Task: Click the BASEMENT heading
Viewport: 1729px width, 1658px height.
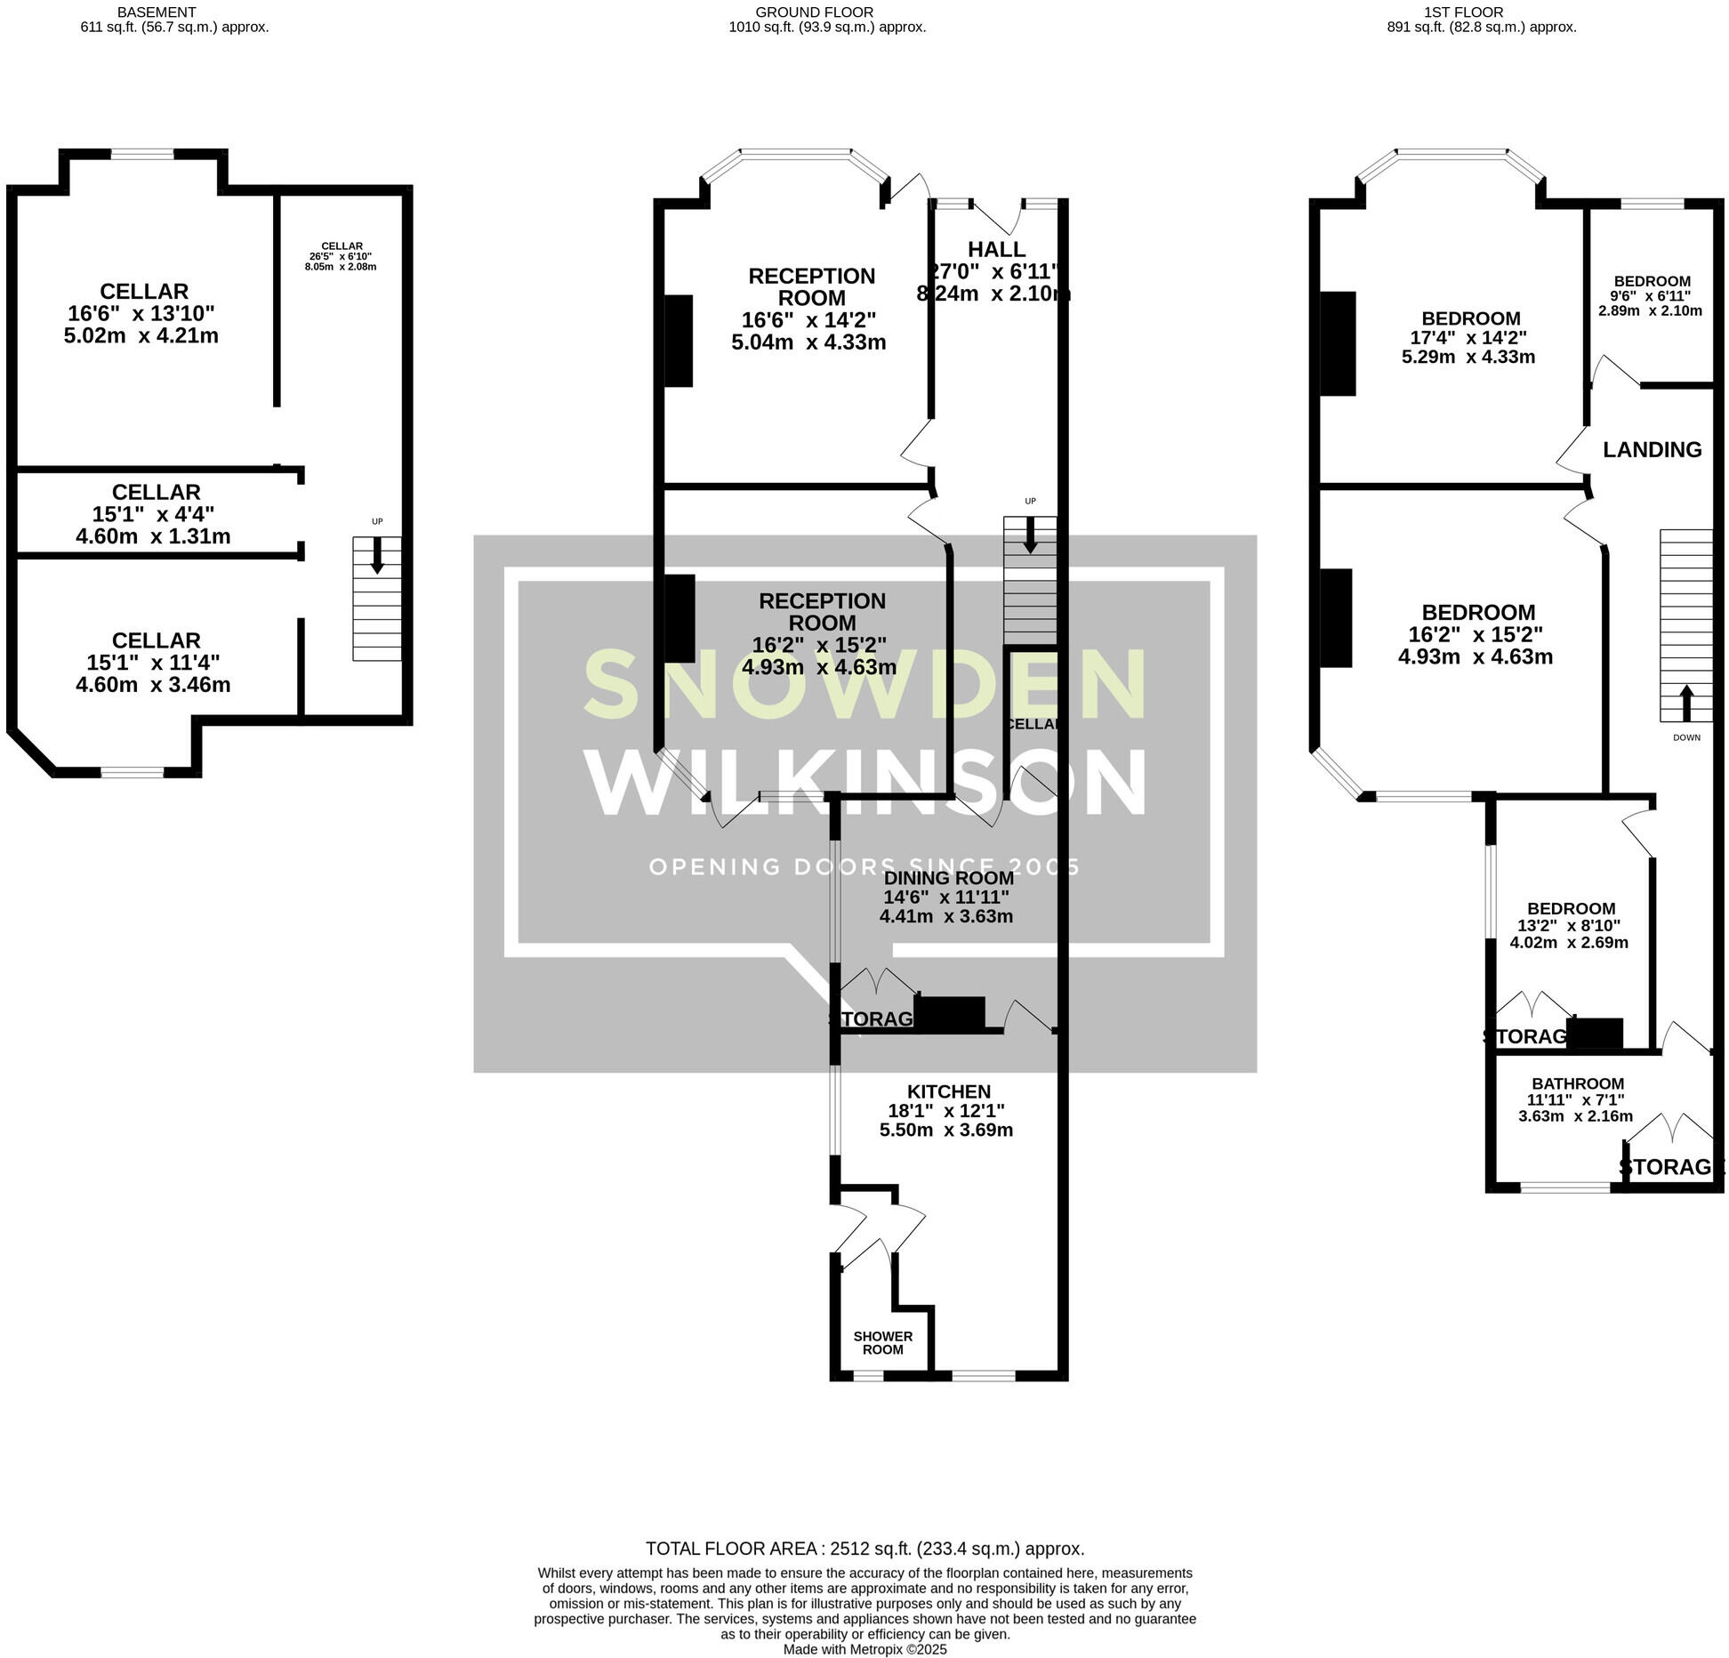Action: point(157,12)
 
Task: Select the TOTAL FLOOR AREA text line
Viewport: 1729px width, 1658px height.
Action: point(864,1549)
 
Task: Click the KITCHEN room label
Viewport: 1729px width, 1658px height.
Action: point(948,1091)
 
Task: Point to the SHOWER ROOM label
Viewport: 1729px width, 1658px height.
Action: point(882,1342)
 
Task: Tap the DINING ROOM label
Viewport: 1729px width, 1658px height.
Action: point(948,878)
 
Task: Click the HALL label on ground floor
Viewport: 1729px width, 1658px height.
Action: point(996,250)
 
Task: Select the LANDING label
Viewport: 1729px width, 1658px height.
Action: point(1652,450)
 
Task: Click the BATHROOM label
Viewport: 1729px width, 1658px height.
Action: point(1577,1083)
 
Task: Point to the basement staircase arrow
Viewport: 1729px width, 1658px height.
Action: point(377,555)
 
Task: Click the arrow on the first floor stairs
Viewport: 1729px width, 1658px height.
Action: point(1685,703)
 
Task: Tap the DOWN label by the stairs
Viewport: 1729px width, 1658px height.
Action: point(1686,737)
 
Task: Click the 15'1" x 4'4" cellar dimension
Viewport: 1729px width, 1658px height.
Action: point(153,514)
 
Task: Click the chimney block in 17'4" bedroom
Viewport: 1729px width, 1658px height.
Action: point(1338,343)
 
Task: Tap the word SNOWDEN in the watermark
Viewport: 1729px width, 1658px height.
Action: point(865,685)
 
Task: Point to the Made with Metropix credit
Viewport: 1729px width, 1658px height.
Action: point(864,1649)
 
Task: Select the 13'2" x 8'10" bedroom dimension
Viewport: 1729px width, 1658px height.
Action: point(1570,925)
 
